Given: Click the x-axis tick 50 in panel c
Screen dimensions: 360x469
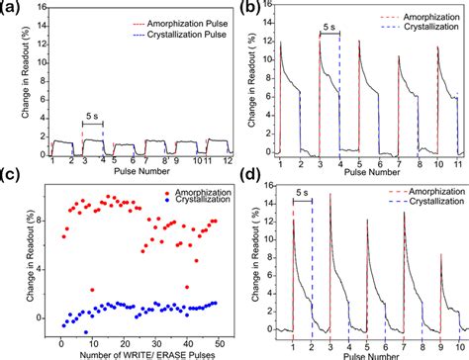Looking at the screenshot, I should pyautogui.click(x=220, y=343).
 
